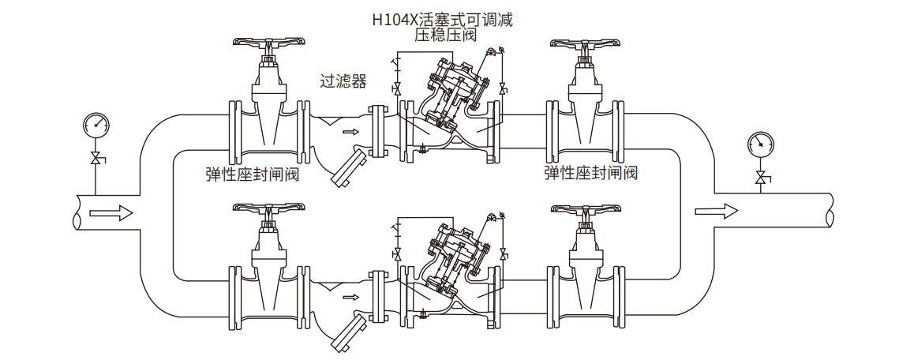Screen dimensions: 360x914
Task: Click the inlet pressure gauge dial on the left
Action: coord(95,124)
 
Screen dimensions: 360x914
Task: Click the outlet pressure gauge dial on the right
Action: coord(760,144)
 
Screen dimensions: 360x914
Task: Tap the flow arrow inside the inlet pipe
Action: coord(111,212)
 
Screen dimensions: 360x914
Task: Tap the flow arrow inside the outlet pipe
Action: coord(716,211)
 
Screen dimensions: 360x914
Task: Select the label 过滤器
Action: coord(343,81)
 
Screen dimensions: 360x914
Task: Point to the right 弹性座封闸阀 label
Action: coord(590,173)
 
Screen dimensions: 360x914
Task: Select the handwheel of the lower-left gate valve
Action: coord(269,209)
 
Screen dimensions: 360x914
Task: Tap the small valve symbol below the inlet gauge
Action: coord(96,158)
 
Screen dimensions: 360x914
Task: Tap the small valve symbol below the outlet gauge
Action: coord(761,178)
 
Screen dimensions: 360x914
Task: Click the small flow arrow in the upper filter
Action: coord(348,133)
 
